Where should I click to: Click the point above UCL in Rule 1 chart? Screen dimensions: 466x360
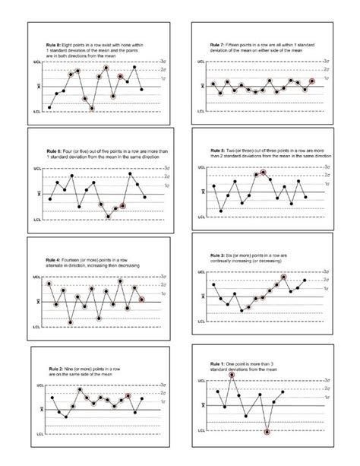tap(232, 376)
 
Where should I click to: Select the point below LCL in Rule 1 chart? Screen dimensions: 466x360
tap(267, 433)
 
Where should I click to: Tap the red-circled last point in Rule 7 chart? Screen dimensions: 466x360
tap(311, 81)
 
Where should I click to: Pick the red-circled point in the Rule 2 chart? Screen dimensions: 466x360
tap(130, 396)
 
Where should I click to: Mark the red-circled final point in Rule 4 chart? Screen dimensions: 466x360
tap(142, 300)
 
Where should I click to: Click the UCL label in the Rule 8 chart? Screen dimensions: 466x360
tap(36, 60)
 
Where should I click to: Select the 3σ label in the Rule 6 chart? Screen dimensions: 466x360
tap(166, 167)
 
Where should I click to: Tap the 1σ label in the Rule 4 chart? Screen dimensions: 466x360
tap(166, 293)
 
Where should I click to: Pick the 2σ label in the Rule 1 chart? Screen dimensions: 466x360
tap(325, 387)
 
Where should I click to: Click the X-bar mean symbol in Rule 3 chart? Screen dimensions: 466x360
tap(201, 299)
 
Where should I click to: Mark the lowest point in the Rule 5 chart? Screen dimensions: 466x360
tap(221, 211)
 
